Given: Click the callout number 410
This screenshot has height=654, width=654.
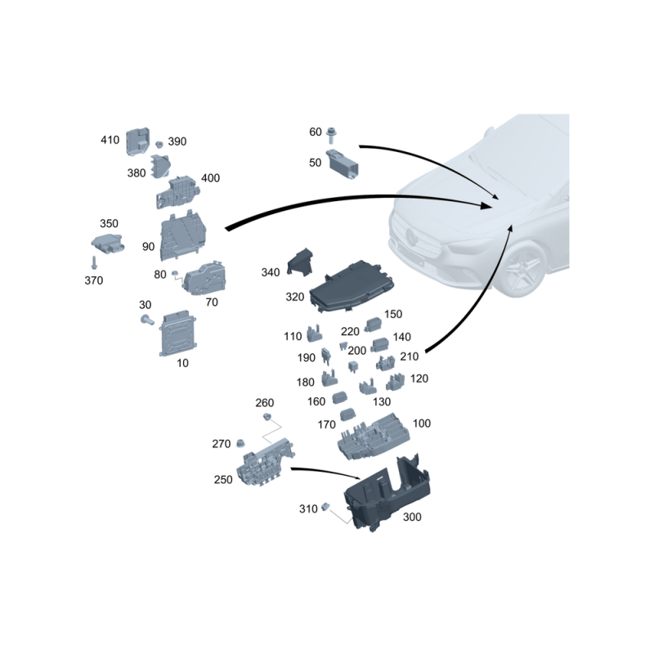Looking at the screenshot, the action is click(x=110, y=140).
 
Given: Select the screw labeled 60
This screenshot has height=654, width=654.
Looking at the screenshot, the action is click(x=332, y=135).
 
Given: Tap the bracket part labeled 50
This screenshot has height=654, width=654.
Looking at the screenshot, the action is click(x=342, y=164).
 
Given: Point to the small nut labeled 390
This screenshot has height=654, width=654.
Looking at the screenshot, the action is click(x=159, y=145).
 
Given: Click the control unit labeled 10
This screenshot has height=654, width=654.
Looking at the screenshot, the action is click(x=178, y=334).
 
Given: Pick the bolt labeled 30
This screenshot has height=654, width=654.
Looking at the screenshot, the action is click(x=147, y=320).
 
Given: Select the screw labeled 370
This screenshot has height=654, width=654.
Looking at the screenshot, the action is click(x=94, y=262).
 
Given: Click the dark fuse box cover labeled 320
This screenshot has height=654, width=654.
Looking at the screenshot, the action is click(x=352, y=287).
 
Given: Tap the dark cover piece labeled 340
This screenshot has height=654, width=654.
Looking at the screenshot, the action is click(x=300, y=262).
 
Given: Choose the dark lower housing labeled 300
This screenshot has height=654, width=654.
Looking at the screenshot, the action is click(x=386, y=494).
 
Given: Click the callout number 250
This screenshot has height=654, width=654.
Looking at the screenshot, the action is click(x=223, y=480).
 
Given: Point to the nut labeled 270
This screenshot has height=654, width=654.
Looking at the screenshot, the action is click(x=240, y=443).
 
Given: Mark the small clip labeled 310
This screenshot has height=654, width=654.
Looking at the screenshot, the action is click(x=325, y=507).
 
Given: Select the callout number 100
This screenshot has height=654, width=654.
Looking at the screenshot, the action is click(x=421, y=423).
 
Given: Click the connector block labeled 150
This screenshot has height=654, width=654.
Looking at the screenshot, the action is click(x=373, y=325).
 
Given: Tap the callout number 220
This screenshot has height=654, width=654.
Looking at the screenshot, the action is click(x=350, y=332).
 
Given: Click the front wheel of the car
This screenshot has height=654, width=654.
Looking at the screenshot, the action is click(x=524, y=269).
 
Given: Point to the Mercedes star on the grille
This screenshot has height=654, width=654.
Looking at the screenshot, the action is click(x=412, y=238).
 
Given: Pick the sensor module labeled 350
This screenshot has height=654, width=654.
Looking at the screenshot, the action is click(x=108, y=243).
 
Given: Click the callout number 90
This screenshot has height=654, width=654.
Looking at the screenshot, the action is click(x=148, y=247).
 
